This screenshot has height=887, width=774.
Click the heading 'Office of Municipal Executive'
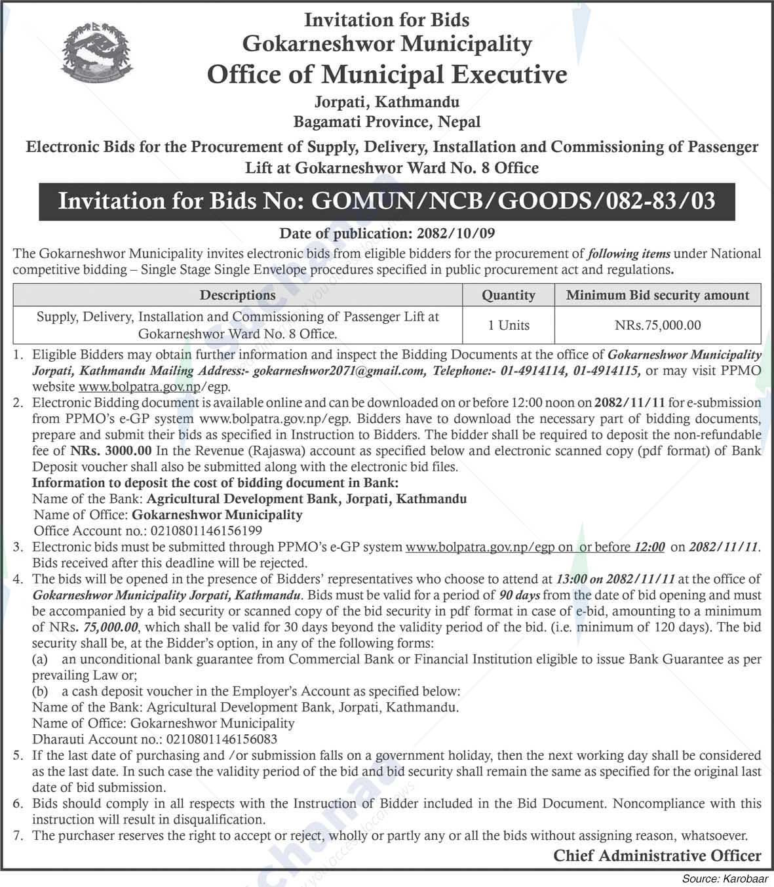pos(387,74)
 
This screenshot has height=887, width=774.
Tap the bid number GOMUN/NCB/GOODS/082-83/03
pos(513,200)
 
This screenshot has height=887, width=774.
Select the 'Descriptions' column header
pos(237,295)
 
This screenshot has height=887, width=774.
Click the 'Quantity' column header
pos(508,295)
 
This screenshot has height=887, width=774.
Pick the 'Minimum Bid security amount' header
pos(657,295)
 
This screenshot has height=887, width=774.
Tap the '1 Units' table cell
pos(508,325)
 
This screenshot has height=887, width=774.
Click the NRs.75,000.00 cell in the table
pos(657,325)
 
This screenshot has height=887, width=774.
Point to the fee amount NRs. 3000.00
pos(111,450)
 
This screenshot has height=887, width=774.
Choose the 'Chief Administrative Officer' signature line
pos(657,855)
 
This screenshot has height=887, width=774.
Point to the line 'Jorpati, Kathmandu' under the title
pos(387,102)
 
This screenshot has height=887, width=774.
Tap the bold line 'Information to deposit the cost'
pos(215,483)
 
